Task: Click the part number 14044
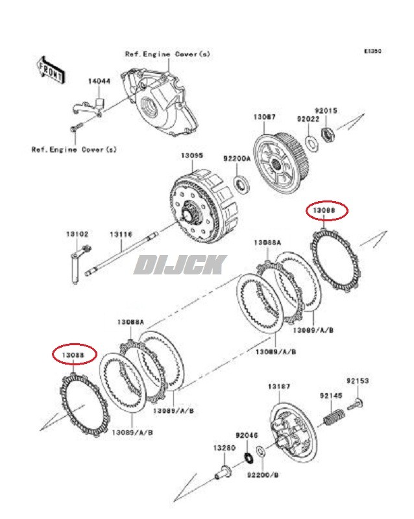[99, 82]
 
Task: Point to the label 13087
[264, 117]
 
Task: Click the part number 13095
[192, 156]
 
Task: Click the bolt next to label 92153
[356, 405]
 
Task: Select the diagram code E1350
[372, 50]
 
